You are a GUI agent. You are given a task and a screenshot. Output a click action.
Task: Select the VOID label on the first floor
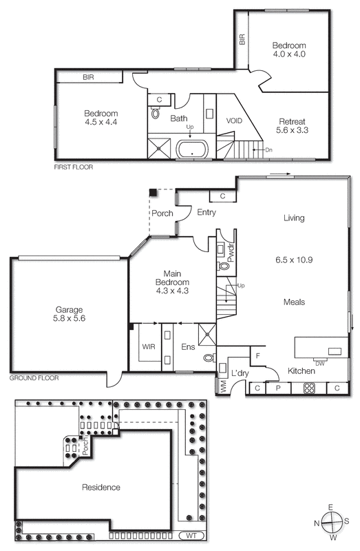[234, 121]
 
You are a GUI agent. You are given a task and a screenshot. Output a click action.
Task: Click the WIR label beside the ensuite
[149, 346]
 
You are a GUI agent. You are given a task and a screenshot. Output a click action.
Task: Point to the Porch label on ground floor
[162, 214]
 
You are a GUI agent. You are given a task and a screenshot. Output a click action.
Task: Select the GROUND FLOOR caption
[34, 378]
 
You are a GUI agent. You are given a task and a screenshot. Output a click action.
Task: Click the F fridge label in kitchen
[257, 356]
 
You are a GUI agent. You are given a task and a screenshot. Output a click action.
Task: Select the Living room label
[293, 218]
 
